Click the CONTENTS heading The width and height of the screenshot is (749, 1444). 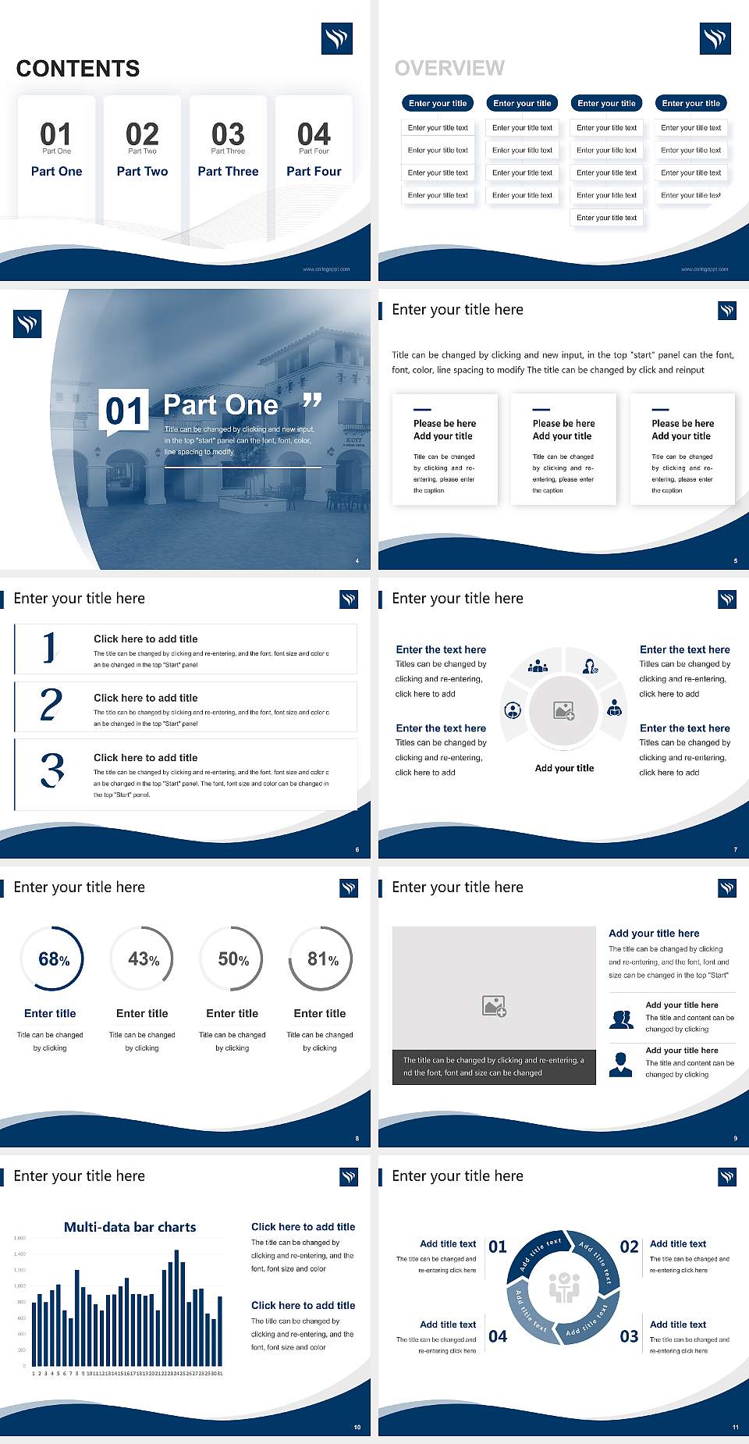click(78, 69)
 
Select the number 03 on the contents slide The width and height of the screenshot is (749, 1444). click(228, 134)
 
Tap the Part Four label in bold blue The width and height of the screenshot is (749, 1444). click(314, 171)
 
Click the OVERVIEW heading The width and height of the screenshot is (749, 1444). click(449, 69)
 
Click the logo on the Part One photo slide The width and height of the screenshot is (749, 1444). click(27, 324)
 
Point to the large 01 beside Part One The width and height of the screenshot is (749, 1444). click(125, 411)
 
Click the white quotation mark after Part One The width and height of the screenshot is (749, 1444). click(312, 401)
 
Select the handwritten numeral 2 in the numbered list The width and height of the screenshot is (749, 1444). click(51, 705)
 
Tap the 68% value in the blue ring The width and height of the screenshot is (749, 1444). click(54, 959)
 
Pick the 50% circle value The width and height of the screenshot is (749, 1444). click(233, 959)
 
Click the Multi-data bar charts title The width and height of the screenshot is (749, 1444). click(130, 1227)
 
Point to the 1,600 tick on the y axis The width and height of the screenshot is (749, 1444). click(20, 1238)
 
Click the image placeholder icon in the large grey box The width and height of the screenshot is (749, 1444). click(494, 1005)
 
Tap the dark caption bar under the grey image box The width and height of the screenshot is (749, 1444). click(494, 1067)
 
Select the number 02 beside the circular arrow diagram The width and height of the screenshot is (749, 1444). click(629, 1247)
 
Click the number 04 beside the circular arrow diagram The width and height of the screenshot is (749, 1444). click(498, 1336)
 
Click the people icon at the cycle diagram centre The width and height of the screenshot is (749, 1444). click(563, 1287)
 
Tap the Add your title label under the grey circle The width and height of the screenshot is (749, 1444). click(564, 768)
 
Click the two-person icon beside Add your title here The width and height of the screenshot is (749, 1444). click(621, 1019)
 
